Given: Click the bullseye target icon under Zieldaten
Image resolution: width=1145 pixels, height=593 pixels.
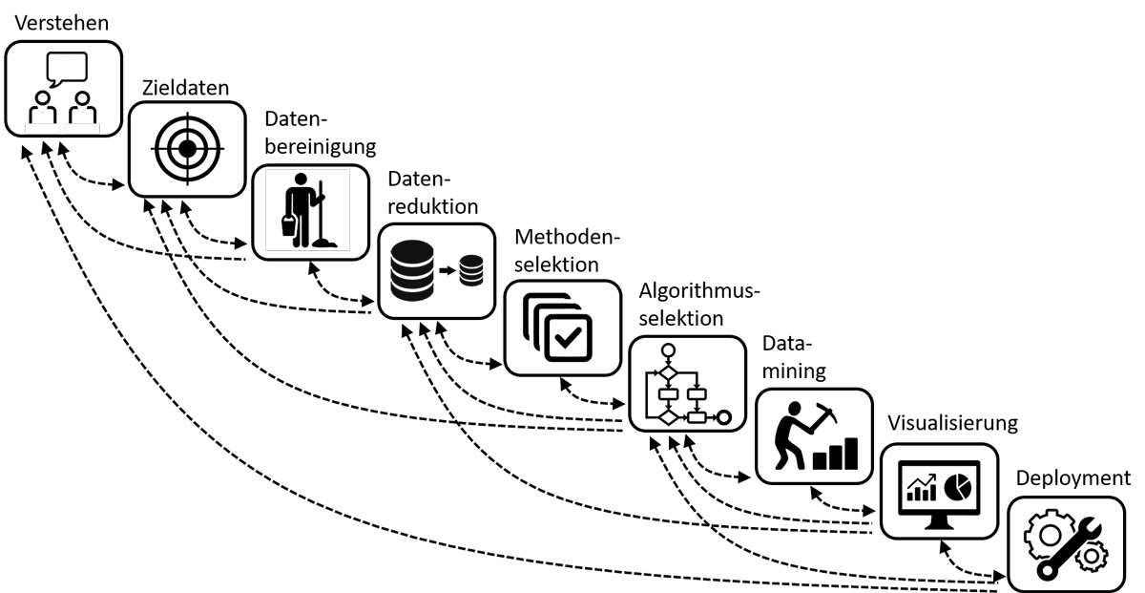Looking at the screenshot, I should tap(187, 148).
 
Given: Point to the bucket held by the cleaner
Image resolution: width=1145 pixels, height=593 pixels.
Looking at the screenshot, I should tap(285, 226).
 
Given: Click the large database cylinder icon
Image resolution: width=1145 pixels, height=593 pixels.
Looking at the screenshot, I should tap(413, 270).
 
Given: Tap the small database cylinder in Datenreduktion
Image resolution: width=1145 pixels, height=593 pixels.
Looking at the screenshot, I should tap(470, 270).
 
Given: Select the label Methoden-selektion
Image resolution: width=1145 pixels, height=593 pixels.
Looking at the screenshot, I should tap(568, 250).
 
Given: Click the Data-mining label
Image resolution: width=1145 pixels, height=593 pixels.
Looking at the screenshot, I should tap(792, 358).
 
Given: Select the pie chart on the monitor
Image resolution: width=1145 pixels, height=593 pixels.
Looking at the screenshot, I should tap(957, 487).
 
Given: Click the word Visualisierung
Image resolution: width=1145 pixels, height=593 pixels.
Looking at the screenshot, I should tap(952, 423).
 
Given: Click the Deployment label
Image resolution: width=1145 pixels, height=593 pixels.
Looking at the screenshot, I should tap(1073, 478).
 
